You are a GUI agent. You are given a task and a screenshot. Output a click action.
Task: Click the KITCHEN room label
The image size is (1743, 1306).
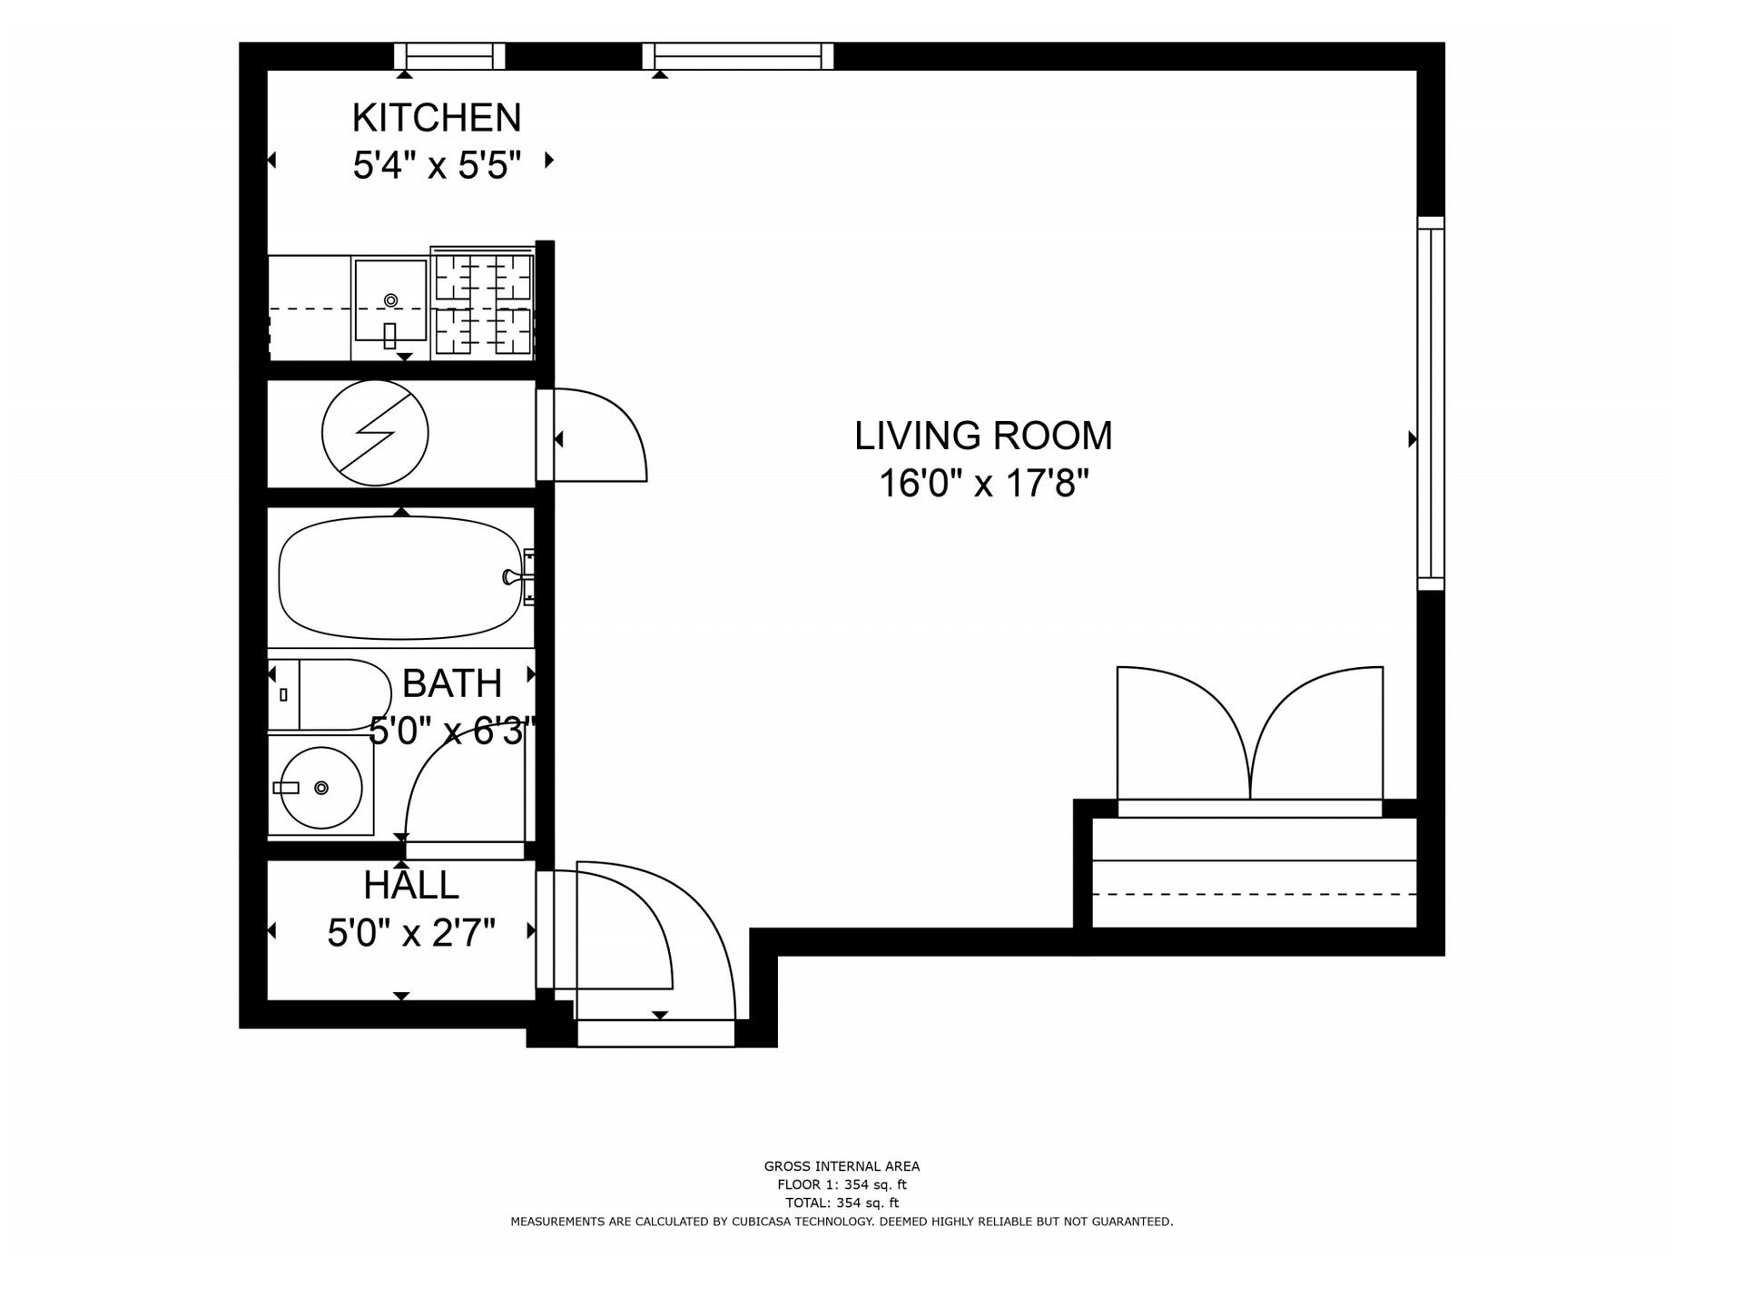click(437, 118)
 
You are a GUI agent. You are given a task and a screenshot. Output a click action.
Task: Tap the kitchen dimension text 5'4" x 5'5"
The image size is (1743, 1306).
click(437, 165)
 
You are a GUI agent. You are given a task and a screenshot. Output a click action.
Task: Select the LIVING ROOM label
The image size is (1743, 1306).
click(983, 436)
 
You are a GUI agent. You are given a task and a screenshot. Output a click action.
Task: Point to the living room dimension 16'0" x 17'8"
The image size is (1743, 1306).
click(983, 483)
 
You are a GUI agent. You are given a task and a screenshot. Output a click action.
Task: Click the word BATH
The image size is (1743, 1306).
click(452, 683)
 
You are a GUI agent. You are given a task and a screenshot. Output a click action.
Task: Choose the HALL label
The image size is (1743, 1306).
click(411, 885)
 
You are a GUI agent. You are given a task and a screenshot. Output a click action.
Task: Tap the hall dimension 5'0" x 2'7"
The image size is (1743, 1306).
click(411, 932)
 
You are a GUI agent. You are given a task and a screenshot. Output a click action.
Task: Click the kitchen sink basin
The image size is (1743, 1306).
click(390, 300)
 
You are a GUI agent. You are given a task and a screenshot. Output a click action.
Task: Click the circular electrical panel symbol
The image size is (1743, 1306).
click(375, 433)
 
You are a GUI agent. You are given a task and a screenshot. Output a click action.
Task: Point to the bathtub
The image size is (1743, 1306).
click(400, 577)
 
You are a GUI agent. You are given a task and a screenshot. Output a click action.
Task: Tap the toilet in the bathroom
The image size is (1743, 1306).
click(329, 694)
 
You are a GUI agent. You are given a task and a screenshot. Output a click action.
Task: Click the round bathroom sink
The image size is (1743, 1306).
click(320, 787)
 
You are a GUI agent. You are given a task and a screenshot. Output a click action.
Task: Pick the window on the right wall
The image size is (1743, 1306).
click(1431, 404)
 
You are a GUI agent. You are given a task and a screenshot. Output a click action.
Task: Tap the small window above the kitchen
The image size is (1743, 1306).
click(449, 56)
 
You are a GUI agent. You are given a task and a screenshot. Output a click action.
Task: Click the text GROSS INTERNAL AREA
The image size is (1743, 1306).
click(842, 1166)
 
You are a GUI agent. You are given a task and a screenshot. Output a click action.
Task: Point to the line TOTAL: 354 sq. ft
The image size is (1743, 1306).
click(842, 1203)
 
